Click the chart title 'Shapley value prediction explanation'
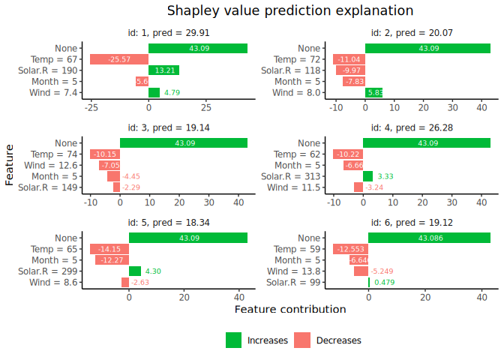click(x=289, y=10)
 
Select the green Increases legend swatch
click(x=234, y=340)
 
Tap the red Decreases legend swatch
click(x=302, y=340)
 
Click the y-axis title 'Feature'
click(x=10, y=165)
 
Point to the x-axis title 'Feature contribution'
click(x=290, y=309)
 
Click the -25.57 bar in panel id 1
click(x=119, y=59)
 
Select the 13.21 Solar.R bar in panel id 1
click(x=163, y=70)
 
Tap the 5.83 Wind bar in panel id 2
click(x=373, y=93)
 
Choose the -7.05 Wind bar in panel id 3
click(x=109, y=165)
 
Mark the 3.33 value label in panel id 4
click(x=385, y=176)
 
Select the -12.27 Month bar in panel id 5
click(x=112, y=259)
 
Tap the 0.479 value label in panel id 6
click(x=384, y=283)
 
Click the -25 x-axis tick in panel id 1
click(x=91, y=106)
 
